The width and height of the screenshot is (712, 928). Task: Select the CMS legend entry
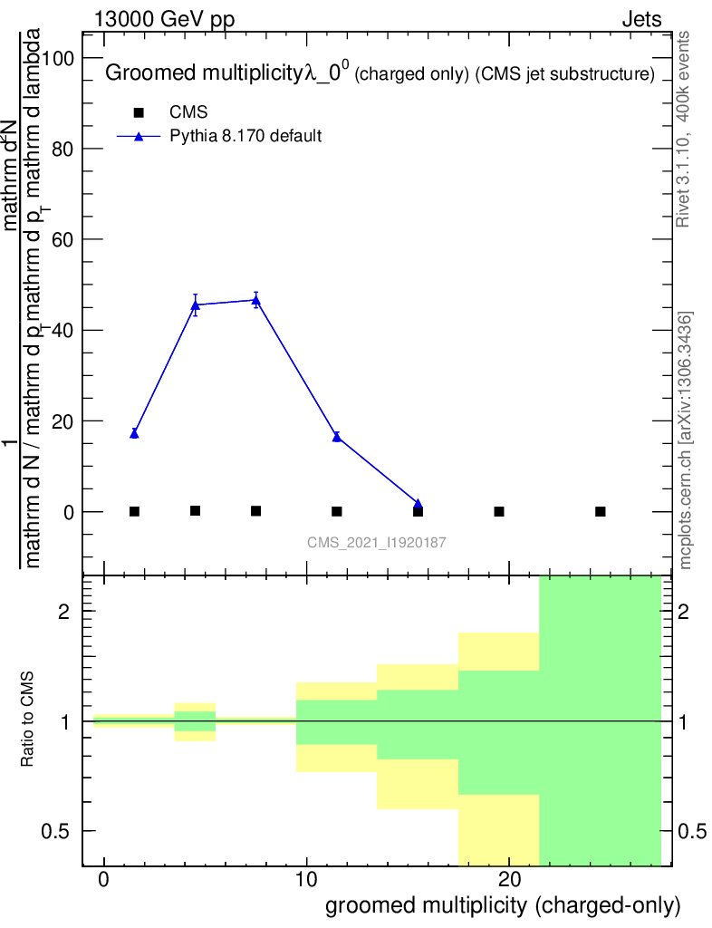coord(188,112)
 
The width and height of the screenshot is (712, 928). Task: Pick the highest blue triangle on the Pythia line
coord(256,299)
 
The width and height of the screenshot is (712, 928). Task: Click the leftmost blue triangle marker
coord(134,433)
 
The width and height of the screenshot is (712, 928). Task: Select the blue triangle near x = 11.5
coord(337,436)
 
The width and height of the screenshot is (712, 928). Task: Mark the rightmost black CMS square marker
coord(600,511)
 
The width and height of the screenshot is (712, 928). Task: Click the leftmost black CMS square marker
coord(134,511)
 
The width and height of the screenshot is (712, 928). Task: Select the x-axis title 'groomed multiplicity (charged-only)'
coord(502,905)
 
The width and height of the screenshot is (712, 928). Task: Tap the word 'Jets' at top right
coord(641,20)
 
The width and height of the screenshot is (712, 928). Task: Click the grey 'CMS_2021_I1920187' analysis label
coord(377,542)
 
